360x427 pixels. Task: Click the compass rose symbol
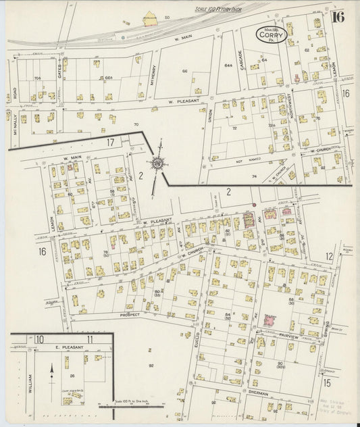coord(157,162)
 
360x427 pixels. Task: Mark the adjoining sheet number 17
coord(110,142)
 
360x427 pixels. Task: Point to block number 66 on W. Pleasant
coord(184,70)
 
